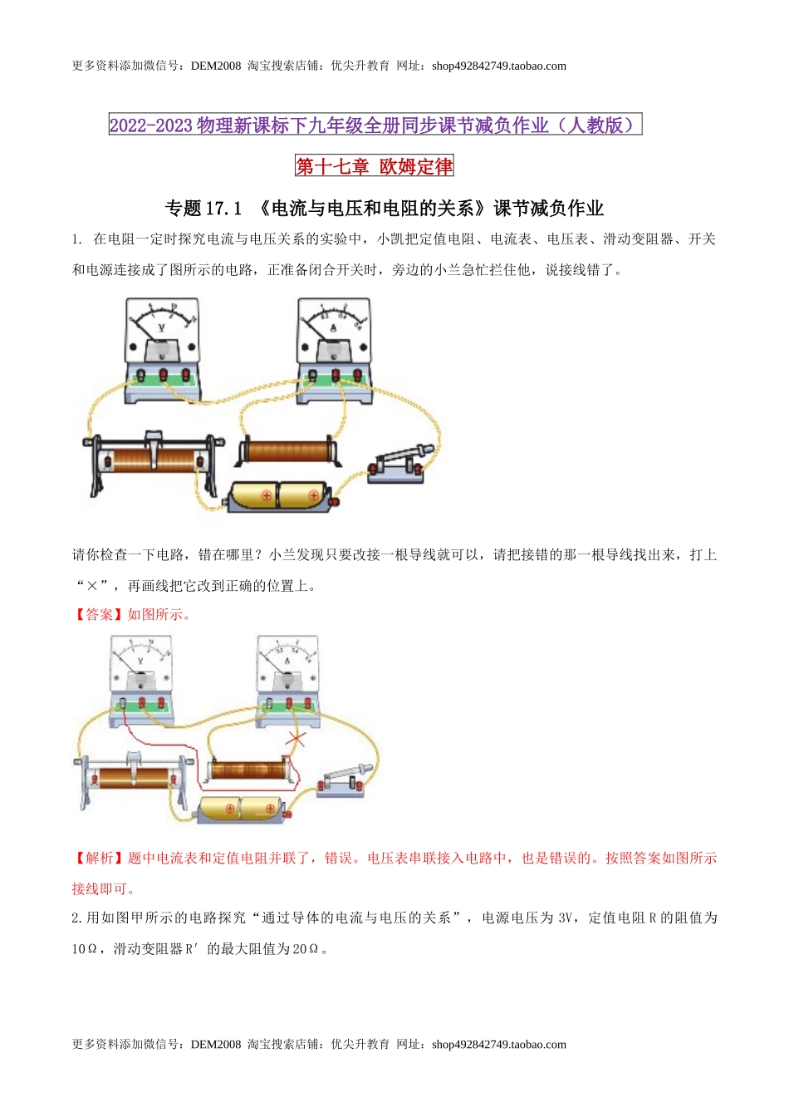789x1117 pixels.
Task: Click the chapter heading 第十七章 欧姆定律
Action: [x=375, y=166]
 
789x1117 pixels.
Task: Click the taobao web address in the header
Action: [x=498, y=66]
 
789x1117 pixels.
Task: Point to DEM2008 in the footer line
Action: [x=215, y=1045]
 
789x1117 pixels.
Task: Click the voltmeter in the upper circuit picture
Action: [x=162, y=350]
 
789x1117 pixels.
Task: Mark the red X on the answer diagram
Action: [x=296, y=738]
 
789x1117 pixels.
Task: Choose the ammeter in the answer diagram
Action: [x=287, y=676]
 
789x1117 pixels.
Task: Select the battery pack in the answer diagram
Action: [x=240, y=809]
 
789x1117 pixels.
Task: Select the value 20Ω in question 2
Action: [x=305, y=948]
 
